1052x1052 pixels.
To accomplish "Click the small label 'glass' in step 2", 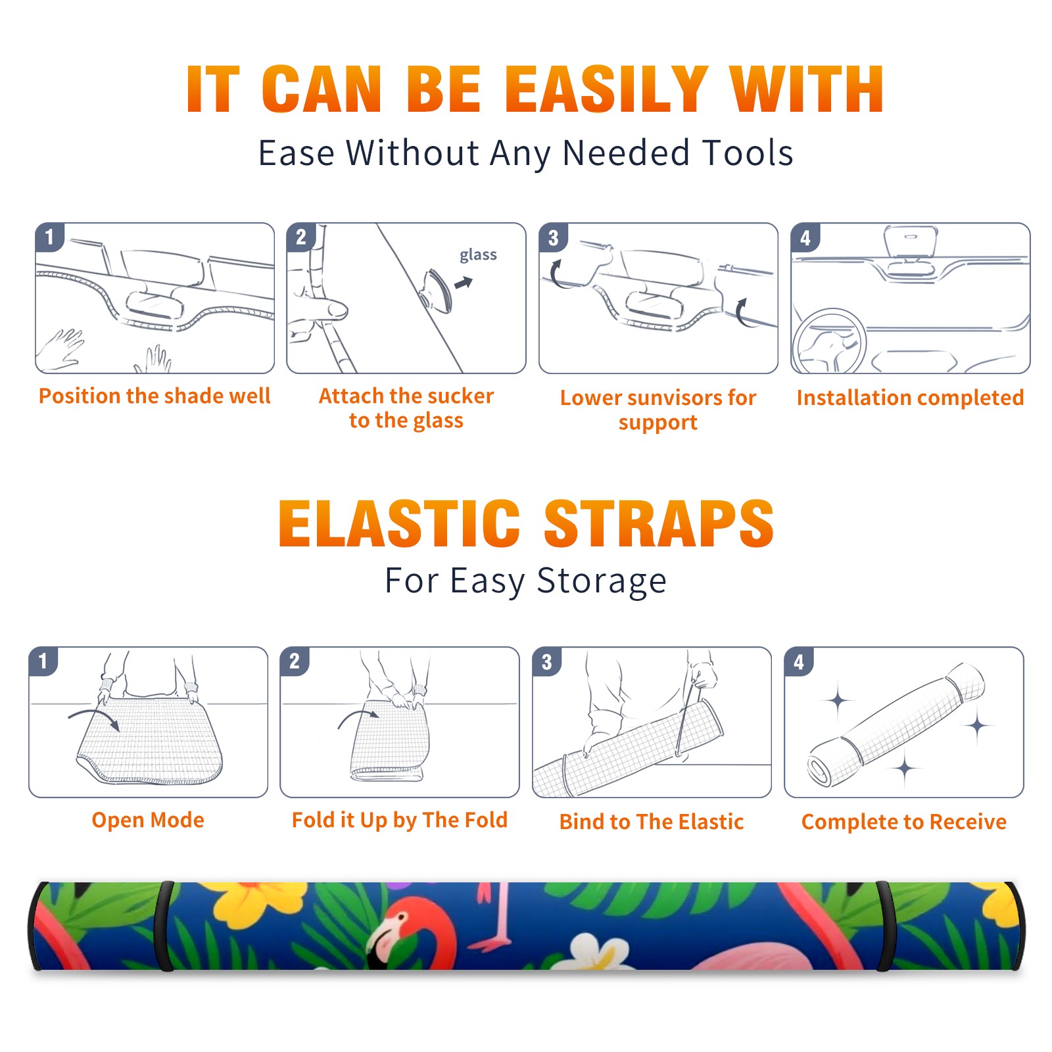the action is (478, 255).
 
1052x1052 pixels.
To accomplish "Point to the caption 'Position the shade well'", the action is (155, 396).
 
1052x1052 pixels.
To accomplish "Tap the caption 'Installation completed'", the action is (910, 397).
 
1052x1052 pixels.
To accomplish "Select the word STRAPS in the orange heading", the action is (659, 523).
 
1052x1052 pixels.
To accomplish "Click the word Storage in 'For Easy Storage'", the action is (602, 581).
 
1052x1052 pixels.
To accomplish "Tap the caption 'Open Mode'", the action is (148, 820).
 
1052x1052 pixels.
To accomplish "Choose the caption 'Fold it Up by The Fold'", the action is (400, 820).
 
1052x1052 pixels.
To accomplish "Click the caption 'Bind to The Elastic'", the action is (652, 821).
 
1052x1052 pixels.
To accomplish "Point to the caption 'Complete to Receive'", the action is (904, 821).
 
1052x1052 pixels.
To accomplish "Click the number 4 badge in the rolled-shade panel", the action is (799, 661).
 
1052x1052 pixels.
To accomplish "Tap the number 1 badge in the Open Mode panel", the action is (43, 661).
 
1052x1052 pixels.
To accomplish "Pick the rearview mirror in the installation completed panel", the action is (910, 243).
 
